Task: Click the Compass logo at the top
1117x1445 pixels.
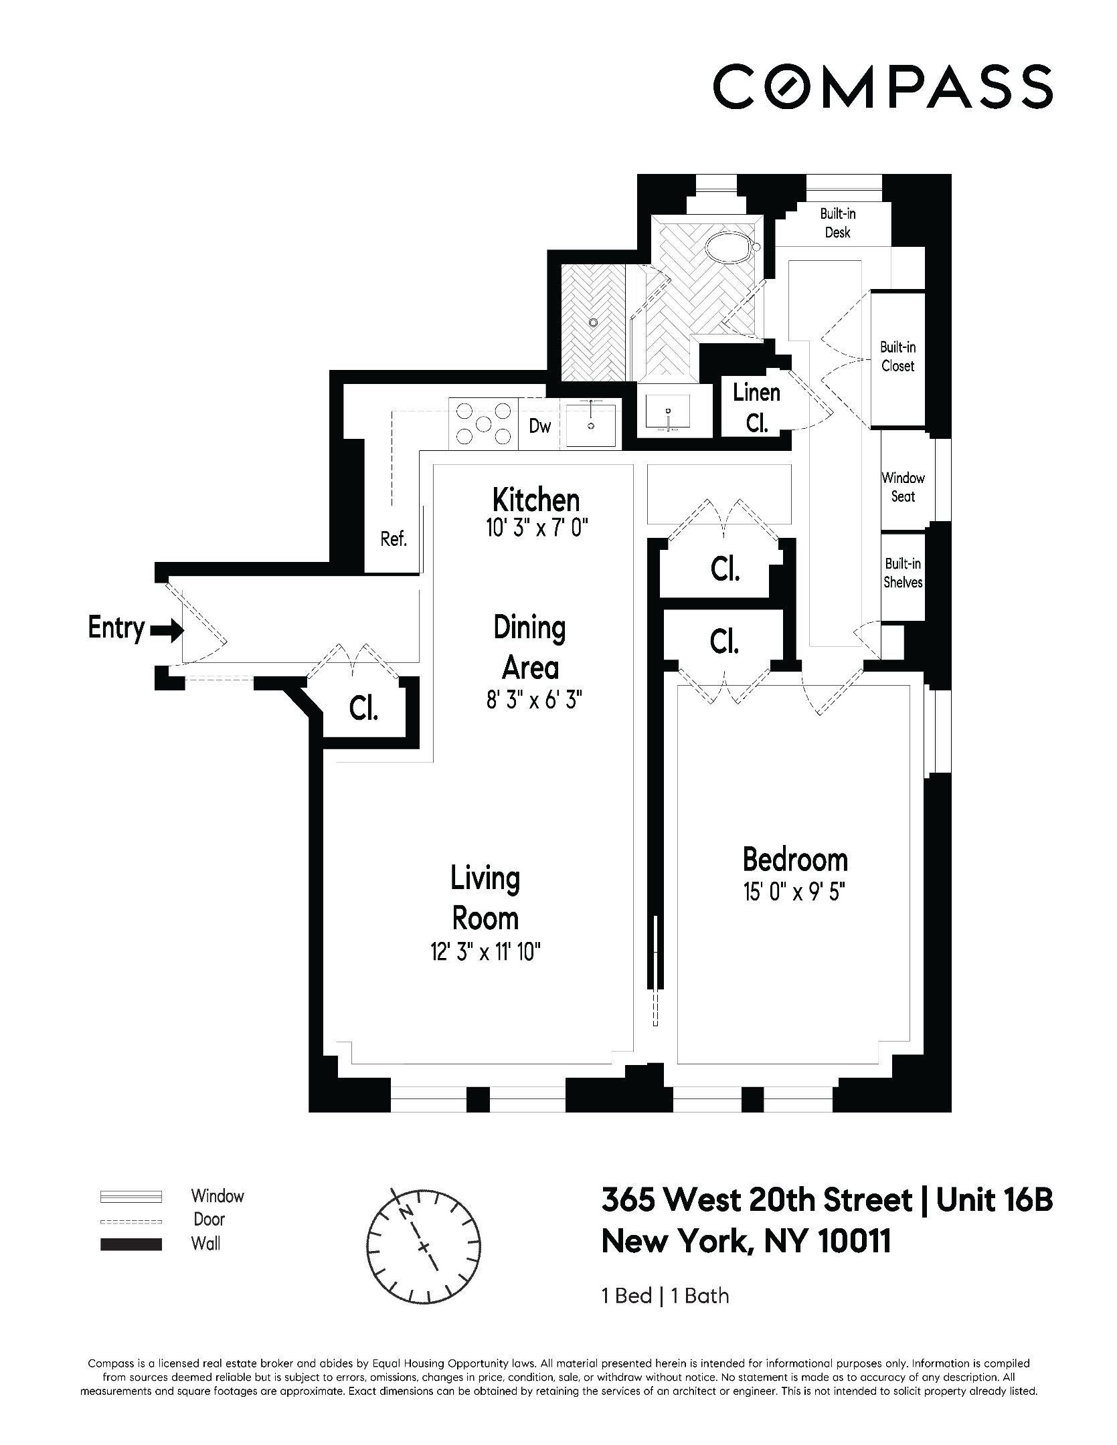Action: pos(883,86)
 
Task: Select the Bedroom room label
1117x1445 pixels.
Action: pos(795,860)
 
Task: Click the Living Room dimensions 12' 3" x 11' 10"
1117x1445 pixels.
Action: pos(485,952)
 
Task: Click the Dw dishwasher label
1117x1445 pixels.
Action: pos(539,425)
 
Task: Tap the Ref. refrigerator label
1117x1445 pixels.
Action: pos(394,539)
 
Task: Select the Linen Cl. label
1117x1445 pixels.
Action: pos(757,408)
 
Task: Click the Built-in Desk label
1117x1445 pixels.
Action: pos(838,223)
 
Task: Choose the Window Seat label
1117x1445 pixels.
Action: pos(903,487)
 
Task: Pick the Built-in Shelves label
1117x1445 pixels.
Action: pos(903,573)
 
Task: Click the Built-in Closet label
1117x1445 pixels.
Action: pos(897,357)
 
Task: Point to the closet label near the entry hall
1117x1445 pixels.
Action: pos(363,708)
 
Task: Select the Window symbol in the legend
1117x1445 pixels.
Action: pos(131,1196)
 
